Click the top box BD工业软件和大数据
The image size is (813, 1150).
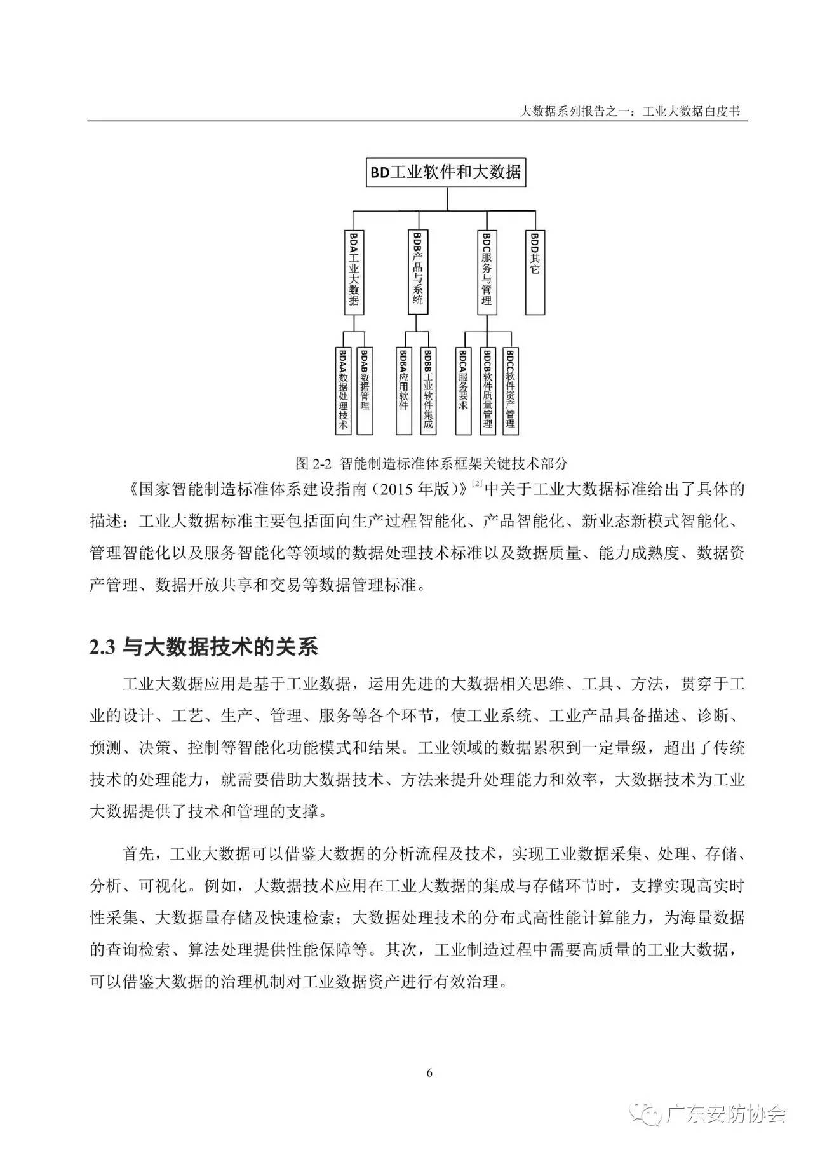point(447,172)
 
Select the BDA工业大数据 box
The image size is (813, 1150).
point(354,272)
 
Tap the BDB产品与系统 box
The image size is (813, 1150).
point(417,272)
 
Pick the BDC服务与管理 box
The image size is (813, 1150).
point(487,272)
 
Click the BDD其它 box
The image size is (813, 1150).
point(535,272)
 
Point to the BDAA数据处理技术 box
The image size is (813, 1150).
point(344,390)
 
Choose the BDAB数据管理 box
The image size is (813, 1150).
point(365,390)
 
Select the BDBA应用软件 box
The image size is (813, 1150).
point(404,390)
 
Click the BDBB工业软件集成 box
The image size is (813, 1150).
point(427,390)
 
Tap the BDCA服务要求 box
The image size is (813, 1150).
point(464,390)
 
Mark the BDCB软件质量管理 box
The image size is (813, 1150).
point(487,390)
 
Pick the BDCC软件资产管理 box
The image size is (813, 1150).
point(511,390)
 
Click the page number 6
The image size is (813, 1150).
point(429,1073)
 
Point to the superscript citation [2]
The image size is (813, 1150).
point(477,485)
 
